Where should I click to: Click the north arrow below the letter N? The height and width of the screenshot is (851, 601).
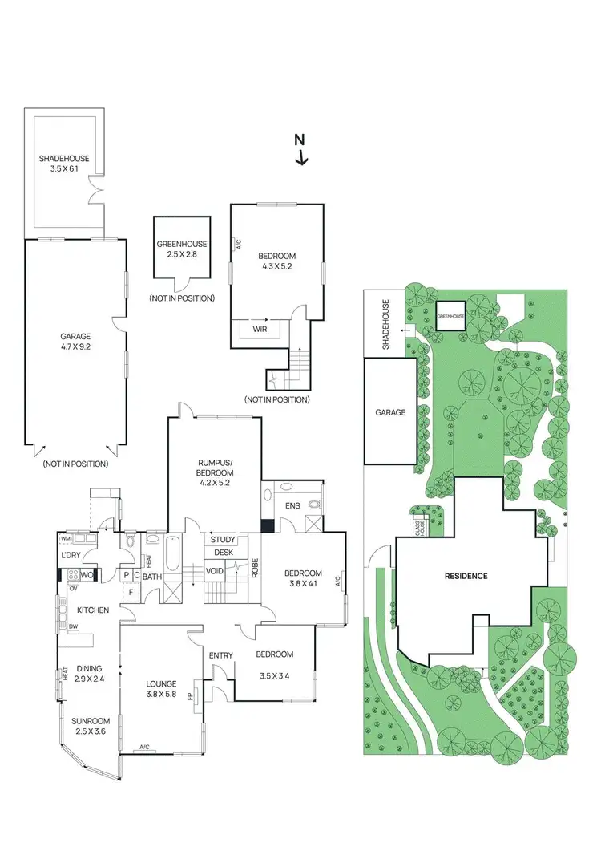point(301,157)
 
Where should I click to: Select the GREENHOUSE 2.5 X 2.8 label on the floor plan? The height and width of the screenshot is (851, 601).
point(182,249)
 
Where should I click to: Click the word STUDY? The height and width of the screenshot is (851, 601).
point(224,540)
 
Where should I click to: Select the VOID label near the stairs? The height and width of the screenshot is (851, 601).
point(215,571)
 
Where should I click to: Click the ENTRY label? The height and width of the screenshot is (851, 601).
point(220,656)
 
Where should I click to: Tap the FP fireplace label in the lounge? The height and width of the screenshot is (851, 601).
point(190,697)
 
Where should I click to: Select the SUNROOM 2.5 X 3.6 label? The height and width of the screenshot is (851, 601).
point(90,726)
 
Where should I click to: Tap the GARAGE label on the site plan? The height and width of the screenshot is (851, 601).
point(389,412)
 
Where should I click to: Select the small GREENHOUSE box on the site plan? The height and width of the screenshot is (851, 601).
point(451,315)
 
